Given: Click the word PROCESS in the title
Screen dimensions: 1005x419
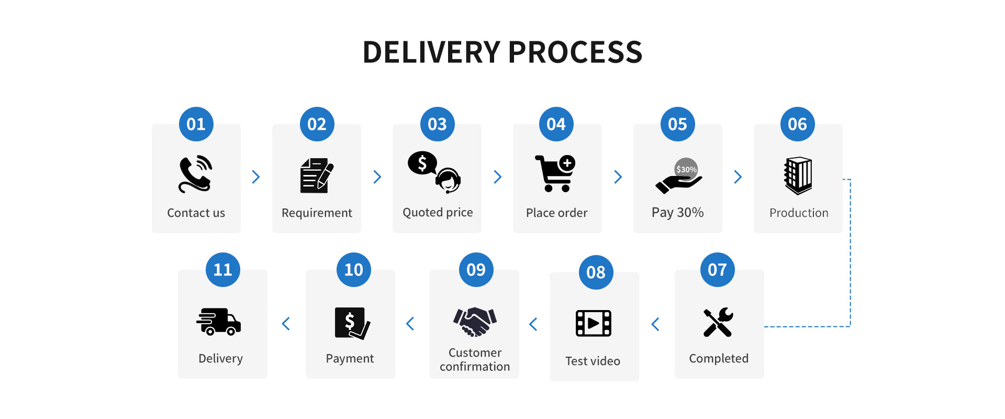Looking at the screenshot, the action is pos(575,52).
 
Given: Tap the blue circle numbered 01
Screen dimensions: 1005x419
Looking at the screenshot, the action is pos(196,124).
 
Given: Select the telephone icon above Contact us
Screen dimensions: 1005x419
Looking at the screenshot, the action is pos(196,174).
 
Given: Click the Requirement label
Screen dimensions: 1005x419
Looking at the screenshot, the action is pos(317,213).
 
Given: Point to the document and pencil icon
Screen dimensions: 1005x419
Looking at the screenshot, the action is pos(317,175).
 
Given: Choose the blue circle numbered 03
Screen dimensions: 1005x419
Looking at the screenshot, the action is pos(438,124).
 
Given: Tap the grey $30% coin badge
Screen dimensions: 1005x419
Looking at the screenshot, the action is pos(686,169).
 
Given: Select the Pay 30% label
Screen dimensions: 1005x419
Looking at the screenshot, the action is pos(677,213).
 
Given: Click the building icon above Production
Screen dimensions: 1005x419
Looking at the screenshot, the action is pos(798,175).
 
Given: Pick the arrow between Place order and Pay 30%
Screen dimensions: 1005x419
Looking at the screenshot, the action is pos(618,177).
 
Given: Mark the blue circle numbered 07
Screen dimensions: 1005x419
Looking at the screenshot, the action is pos(718,270).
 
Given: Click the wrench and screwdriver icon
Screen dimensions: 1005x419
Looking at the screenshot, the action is pos(718,322).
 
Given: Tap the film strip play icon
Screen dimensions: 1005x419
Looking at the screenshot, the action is pos(594,323).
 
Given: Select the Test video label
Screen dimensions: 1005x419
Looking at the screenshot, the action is pos(593,361).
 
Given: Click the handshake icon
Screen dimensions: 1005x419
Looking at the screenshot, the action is pos(475,322).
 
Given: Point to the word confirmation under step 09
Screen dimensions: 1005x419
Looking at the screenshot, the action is pos(475,367).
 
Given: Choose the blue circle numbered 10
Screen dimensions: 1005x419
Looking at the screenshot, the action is pos(354,270).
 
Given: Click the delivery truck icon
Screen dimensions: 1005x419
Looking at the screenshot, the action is pos(219,321).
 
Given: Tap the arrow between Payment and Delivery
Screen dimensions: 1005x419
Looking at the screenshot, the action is pos(286,324).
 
